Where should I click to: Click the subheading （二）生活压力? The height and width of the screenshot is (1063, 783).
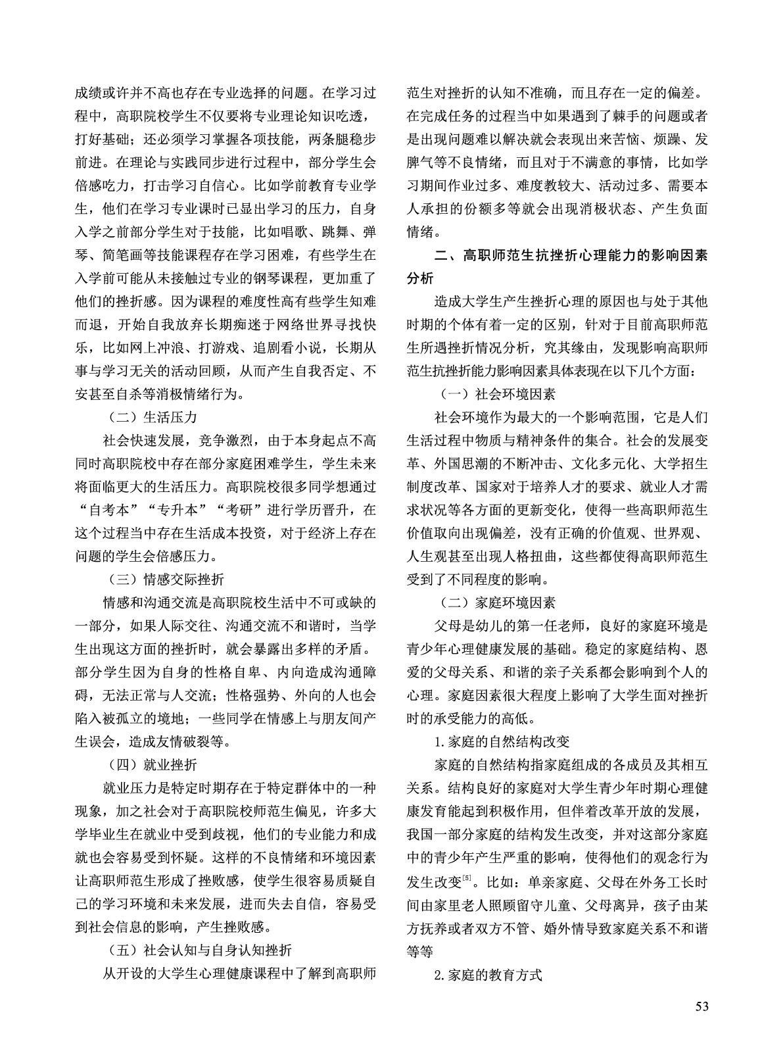(152, 417)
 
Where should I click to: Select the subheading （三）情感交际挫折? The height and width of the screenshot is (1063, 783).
(165, 580)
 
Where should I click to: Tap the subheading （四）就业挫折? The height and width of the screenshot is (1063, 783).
(152, 764)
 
